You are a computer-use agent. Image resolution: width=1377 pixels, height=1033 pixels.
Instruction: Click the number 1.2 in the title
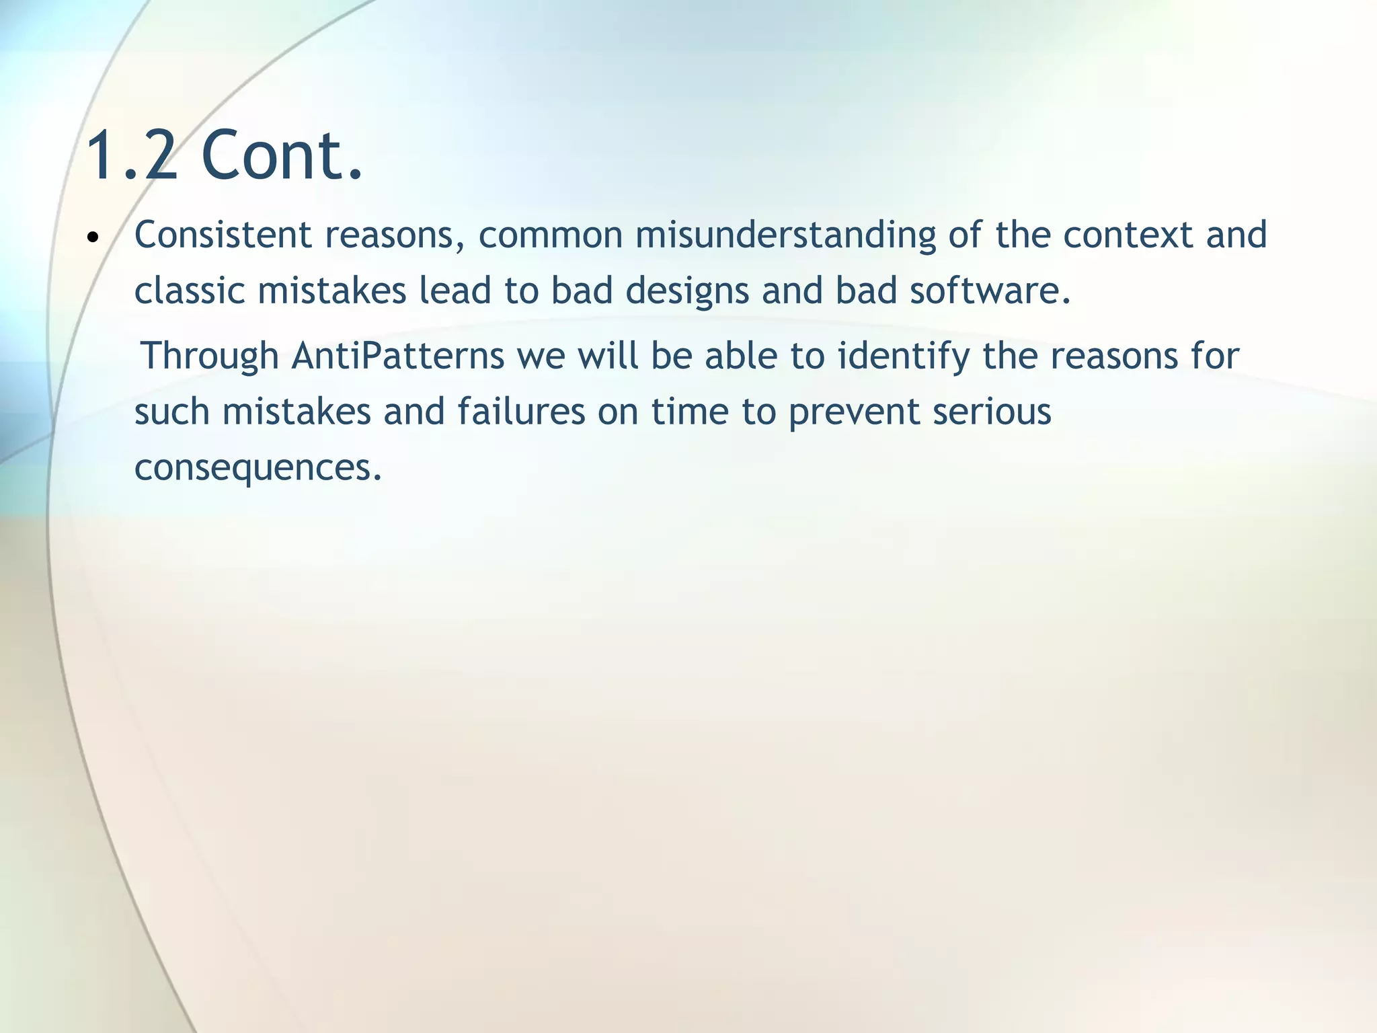pos(132,156)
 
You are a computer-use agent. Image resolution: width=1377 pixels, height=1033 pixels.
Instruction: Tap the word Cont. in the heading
pos(282,156)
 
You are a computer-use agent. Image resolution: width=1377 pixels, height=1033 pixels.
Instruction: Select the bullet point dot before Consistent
pos(93,237)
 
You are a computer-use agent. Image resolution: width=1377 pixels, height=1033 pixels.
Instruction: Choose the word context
pos(1128,235)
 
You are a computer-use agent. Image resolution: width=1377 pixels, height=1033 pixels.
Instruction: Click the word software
pos(990,291)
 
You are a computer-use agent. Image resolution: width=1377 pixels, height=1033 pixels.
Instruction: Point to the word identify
pos(904,356)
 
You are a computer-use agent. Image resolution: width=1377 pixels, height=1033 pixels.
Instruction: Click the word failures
pos(522,412)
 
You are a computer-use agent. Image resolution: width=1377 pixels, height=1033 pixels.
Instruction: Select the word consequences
pos(258,468)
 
